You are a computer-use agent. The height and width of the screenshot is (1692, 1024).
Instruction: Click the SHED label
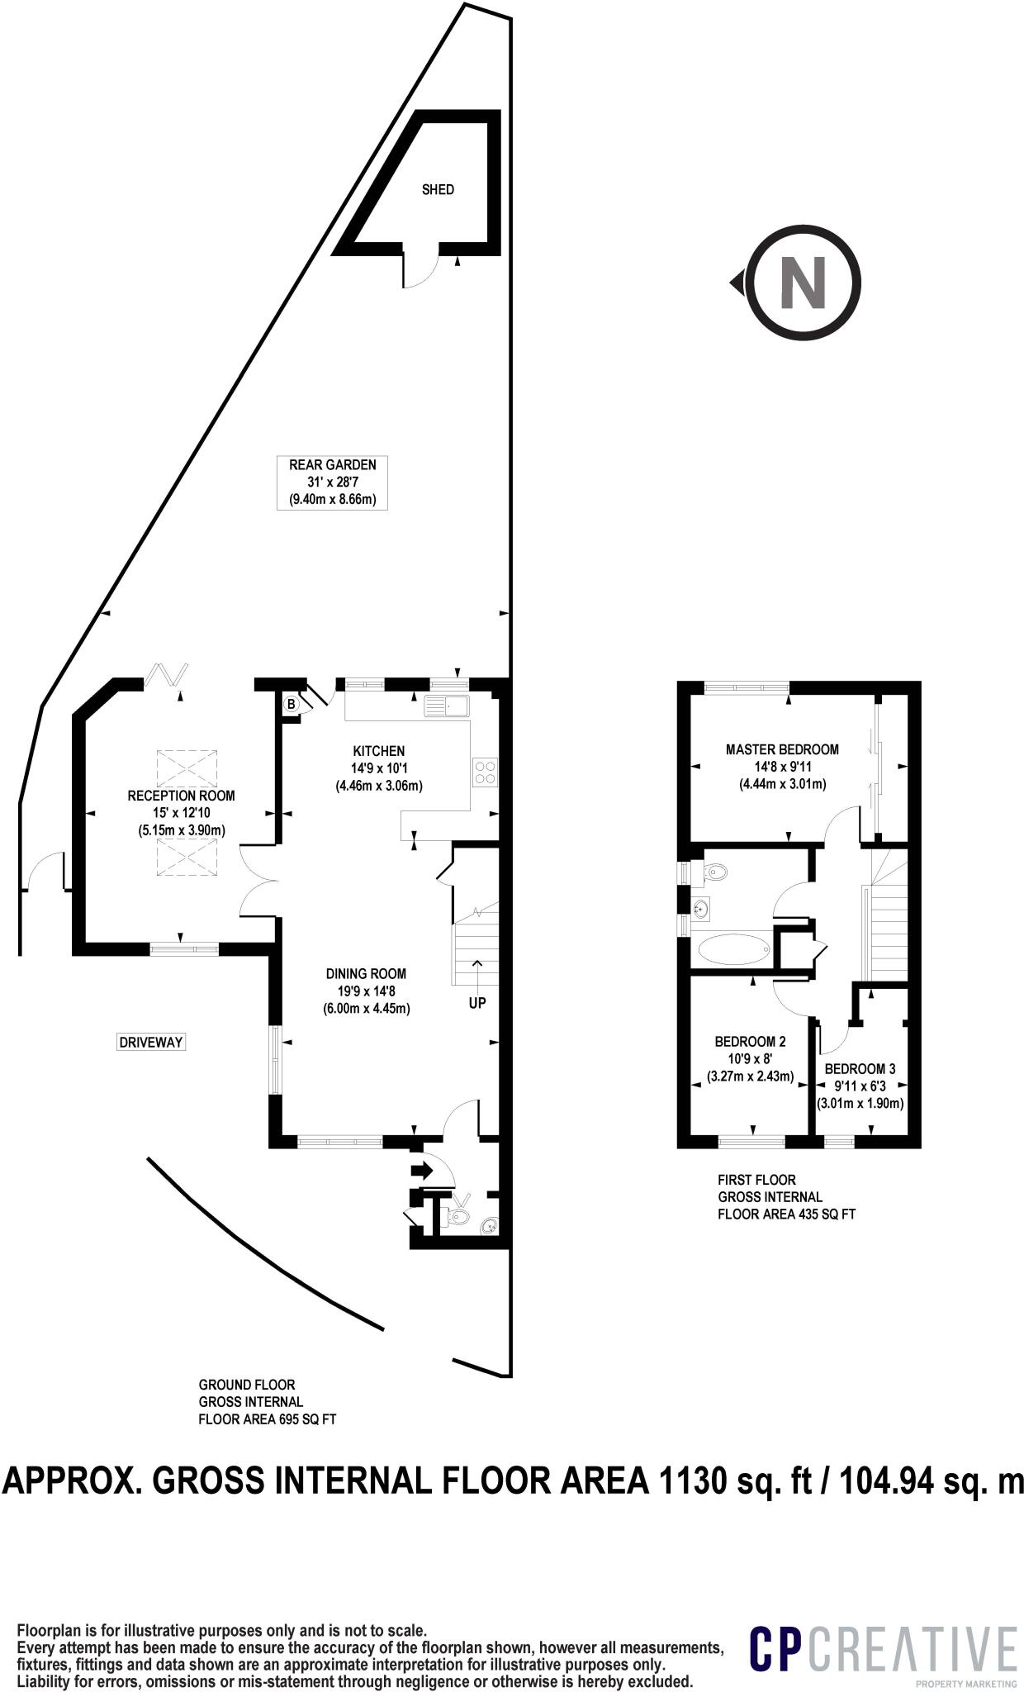pos(438,190)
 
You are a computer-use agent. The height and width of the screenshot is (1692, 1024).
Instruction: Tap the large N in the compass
pos(803,283)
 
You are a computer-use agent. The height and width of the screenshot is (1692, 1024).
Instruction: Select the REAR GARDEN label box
pos(332,482)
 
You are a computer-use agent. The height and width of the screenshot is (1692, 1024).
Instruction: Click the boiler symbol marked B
pos(291,705)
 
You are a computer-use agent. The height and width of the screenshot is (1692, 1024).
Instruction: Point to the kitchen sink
pos(446,706)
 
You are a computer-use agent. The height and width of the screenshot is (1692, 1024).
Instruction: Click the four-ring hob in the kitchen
pos(486,772)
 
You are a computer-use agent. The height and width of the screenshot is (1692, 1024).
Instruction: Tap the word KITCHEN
pos(379,751)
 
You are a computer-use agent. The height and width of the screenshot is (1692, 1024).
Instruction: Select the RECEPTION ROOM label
pos(181,796)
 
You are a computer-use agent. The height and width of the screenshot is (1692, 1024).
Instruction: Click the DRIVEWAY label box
pos(150,1043)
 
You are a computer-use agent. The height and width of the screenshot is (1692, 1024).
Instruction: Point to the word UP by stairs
pos(477,1003)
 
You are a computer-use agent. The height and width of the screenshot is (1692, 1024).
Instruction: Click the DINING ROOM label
pos(366,974)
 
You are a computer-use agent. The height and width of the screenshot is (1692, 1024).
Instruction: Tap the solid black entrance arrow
pos(421,1171)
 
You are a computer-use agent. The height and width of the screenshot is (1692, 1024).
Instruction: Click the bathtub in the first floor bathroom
pos(733,949)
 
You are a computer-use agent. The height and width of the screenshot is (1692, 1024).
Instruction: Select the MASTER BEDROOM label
pos(782,749)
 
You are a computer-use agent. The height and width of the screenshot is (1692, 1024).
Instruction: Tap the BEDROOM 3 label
pos(860,1069)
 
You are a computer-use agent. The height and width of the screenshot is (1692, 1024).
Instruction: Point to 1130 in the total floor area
pos(692,1480)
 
